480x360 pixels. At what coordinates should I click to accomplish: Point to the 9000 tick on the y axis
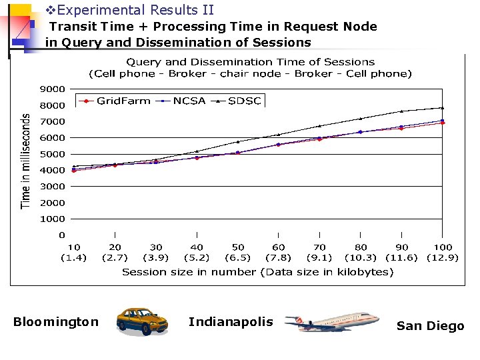tap(53, 89)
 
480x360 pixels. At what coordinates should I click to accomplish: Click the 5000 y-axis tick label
tap(53, 154)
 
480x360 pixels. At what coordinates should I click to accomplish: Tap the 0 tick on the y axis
tap(62, 235)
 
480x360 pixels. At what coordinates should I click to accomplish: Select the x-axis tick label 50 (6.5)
tap(238, 252)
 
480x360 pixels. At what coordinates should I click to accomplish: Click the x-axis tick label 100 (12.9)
tap(443, 252)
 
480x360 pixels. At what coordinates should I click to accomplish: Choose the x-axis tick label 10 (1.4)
tap(73, 252)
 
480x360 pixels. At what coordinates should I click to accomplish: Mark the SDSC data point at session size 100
tap(443, 108)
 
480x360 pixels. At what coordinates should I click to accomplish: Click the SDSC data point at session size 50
tap(238, 142)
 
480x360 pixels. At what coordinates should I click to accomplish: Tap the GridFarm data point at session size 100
tap(443, 123)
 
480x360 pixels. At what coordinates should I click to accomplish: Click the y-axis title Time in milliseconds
tap(26, 160)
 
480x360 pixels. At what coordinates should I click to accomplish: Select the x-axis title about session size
tap(257, 272)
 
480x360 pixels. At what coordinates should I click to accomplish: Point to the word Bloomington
tap(56, 322)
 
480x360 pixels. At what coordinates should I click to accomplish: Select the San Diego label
tap(430, 326)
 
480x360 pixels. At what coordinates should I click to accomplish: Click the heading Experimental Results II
tap(130, 10)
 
